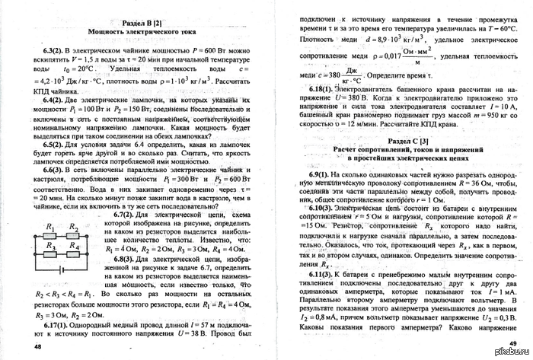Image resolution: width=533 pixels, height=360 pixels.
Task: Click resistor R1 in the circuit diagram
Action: (50, 233)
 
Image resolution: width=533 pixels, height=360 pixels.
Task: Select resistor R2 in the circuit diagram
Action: (73, 233)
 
